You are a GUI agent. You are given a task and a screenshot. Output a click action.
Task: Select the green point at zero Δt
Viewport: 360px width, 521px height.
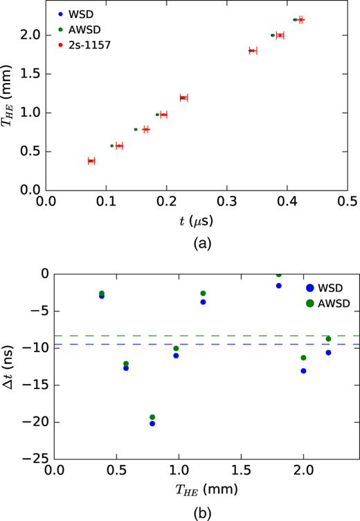coord(279,274)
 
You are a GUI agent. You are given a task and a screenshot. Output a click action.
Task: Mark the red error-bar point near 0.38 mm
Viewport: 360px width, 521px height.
coord(91,161)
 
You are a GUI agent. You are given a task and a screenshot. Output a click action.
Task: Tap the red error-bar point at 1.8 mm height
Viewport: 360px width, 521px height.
coord(253,51)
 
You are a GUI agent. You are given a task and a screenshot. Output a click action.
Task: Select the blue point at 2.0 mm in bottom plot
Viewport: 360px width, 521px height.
coord(303,371)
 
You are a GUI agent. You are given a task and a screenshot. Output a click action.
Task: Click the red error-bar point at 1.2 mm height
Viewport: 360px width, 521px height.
coord(183,98)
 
